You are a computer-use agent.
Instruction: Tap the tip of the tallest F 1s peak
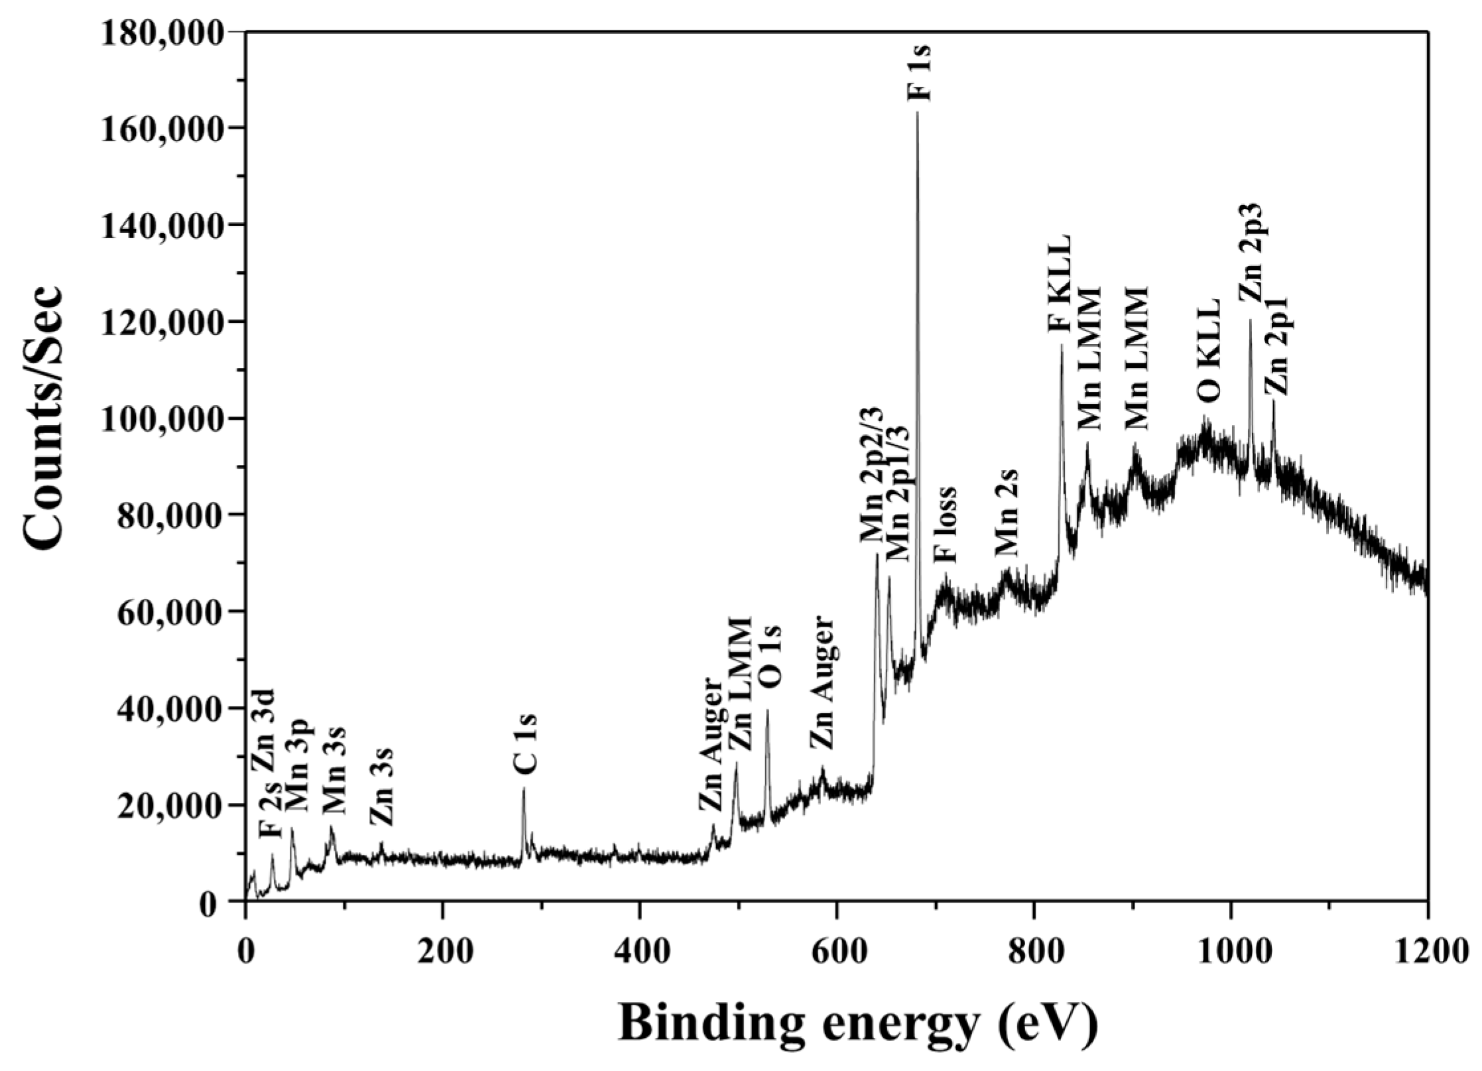coord(918,112)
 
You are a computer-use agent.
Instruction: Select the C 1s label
coord(525,743)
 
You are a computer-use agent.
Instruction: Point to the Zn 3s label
coord(382,787)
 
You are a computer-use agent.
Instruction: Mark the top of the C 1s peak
coord(524,788)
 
